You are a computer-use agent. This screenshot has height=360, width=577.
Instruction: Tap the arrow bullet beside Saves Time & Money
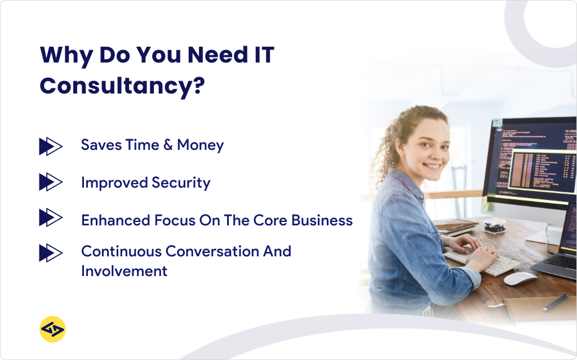(x=50, y=145)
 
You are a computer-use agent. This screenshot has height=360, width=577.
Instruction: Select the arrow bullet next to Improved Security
(x=50, y=183)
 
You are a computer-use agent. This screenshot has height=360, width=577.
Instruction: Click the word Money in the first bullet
(x=200, y=145)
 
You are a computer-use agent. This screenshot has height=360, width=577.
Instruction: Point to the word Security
(x=181, y=183)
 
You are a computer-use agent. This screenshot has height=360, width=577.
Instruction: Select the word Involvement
(x=124, y=271)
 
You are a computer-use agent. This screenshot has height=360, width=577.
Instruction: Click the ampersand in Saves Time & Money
(x=167, y=145)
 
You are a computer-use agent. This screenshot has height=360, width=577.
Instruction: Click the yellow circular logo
(x=52, y=329)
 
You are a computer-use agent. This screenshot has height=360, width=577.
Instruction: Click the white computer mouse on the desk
(x=520, y=278)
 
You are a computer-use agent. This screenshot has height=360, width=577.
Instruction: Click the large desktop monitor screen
(x=532, y=158)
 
